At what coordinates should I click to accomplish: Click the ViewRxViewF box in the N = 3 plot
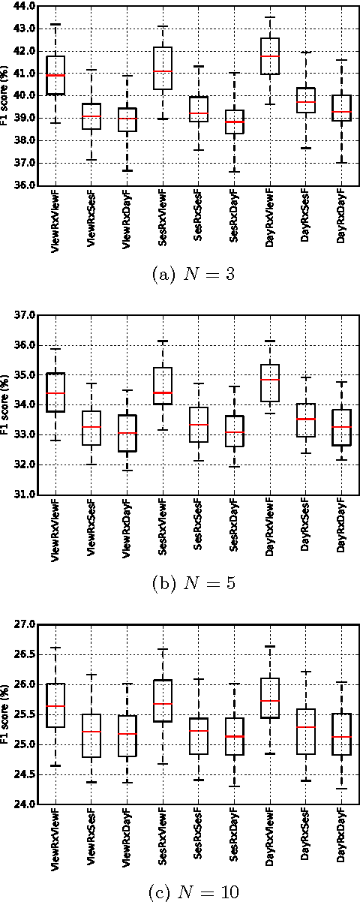[x=55, y=75]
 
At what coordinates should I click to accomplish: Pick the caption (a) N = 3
[x=181, y=275]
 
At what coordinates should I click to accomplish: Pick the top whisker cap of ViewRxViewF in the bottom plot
[x=55, y=647]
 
